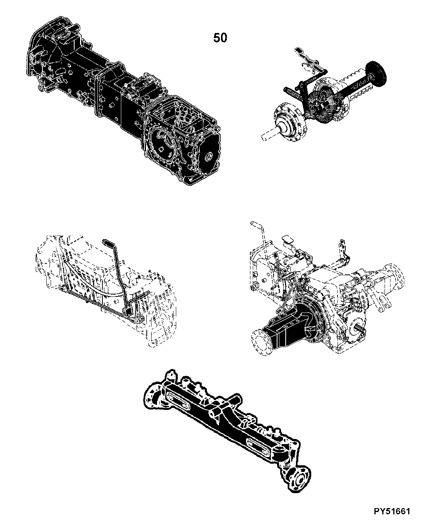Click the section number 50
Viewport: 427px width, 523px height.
tap(220, 38)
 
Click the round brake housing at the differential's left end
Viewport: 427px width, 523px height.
tap(290, 123)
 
